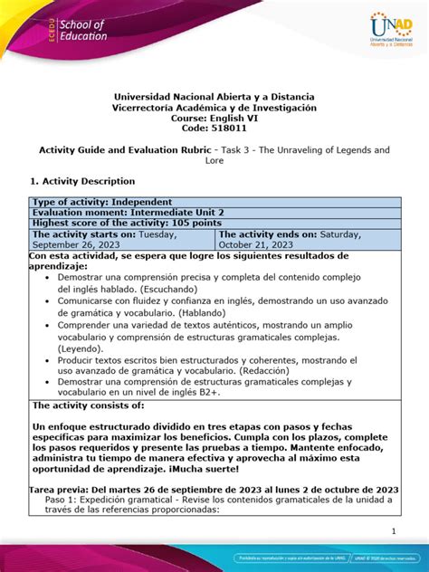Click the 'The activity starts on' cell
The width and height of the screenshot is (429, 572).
click(122, 239)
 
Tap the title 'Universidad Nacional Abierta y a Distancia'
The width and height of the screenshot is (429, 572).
click(214, 96)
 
